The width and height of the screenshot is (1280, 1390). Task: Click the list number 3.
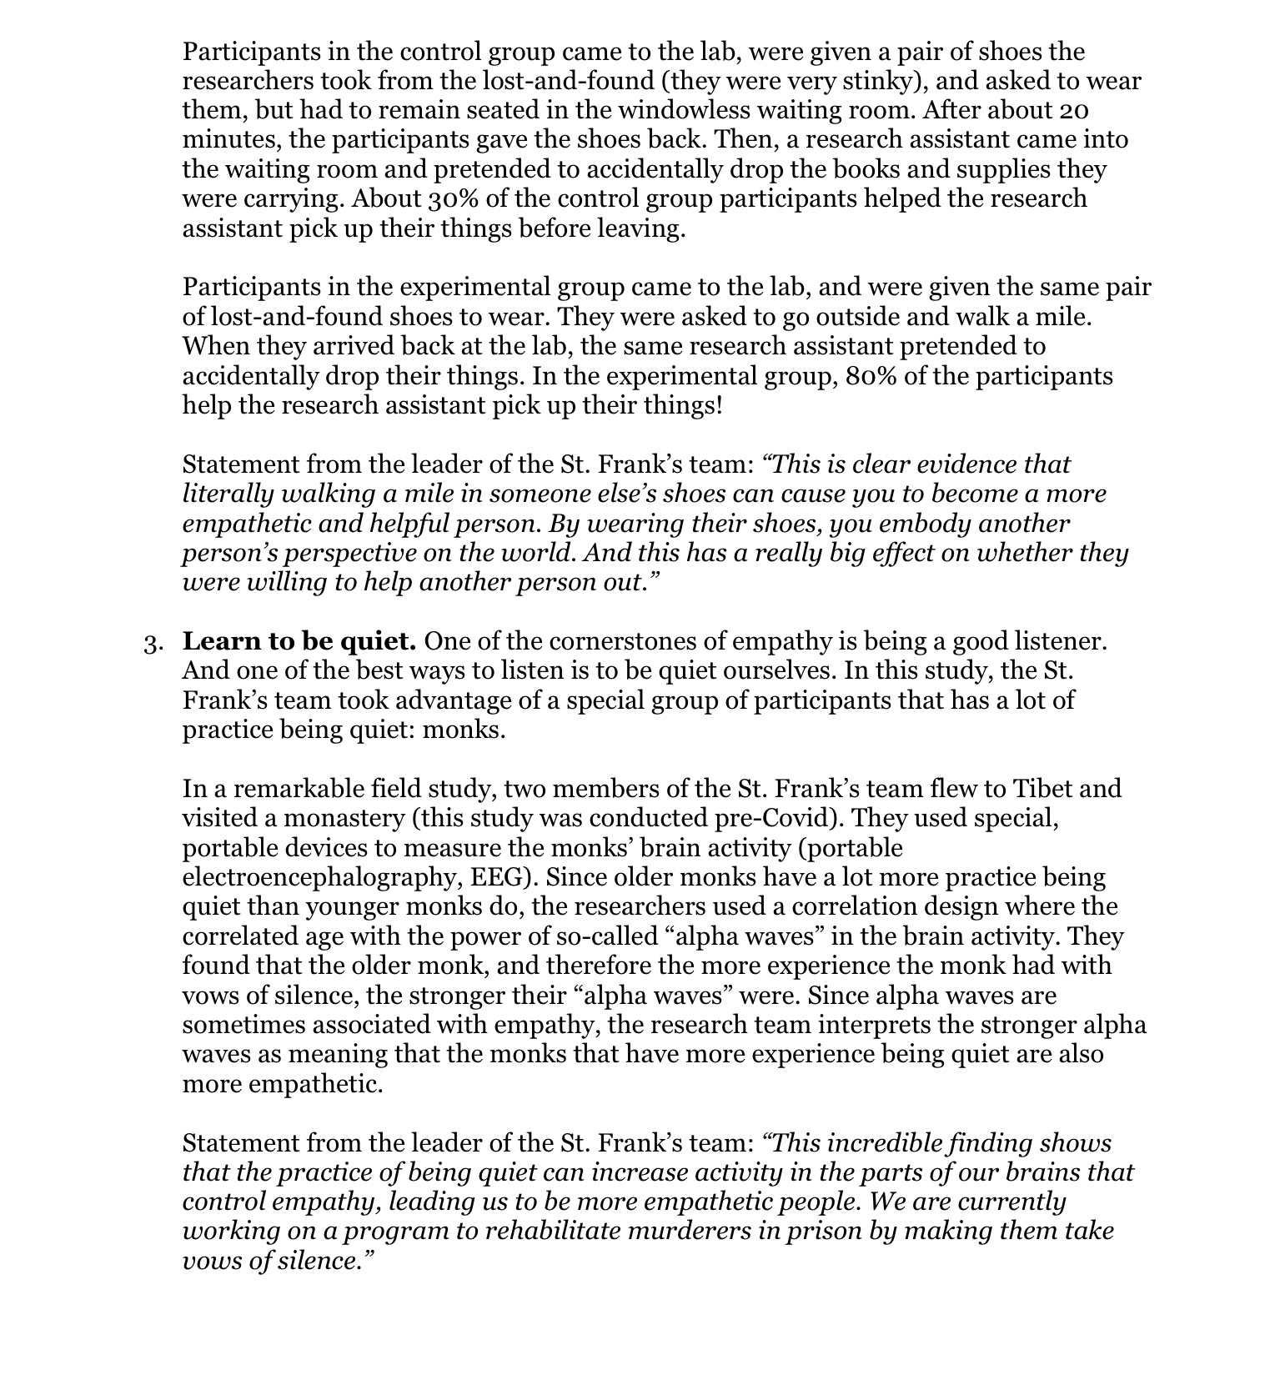point(152,643)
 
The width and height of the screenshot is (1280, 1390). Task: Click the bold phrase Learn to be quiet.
point(299,641)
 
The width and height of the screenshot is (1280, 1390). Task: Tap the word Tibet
point(1046,788)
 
